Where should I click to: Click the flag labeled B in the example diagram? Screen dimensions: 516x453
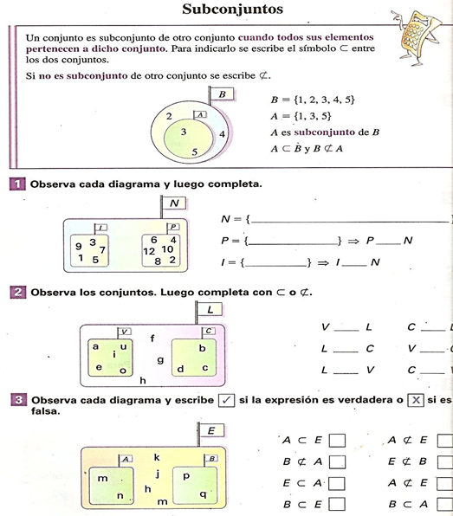(x=222, y=94)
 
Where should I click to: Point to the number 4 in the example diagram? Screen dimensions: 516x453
(x=223, y=134)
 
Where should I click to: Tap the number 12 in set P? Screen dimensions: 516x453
(x=149, y=250)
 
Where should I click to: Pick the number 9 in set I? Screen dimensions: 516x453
(x=79, y=247)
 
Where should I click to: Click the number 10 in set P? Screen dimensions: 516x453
(x=167, y=249)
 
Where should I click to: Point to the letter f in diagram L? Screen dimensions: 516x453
(x=152, y=338)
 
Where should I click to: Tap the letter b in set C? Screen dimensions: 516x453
(x=202, y=348)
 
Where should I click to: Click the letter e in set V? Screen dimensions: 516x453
(x=99, y=367)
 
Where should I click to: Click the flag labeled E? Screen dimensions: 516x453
(x=210, y=430)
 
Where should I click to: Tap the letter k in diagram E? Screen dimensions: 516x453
(x=157, y=456)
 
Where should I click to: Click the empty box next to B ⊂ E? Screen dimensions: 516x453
(x=337, y=504)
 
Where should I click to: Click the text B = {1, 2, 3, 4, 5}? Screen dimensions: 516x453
(x=313, y=100)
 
